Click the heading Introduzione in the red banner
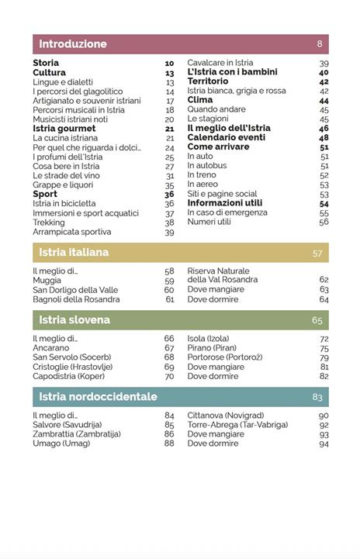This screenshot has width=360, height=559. tap(73, 44)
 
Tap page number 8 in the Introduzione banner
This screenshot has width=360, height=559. tap(320, 44)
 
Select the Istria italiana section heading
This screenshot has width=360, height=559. tap(74, 253)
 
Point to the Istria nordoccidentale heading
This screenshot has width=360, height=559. tap(98, 397)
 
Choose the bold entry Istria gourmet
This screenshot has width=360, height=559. tap(64, 129)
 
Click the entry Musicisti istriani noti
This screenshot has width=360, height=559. tap(70, 119)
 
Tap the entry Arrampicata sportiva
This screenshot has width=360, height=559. tap(71, 232)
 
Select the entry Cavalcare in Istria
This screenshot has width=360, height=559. tap(220, 63)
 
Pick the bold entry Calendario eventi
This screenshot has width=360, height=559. tap(226, 138)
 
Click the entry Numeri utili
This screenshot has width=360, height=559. tap(209, 222)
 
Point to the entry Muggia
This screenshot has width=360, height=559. tap(47, 281)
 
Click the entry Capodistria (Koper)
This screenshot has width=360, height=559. tap(71, 376)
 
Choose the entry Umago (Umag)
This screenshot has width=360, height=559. tap(61, 443)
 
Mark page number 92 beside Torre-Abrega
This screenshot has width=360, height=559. tap(324, 425)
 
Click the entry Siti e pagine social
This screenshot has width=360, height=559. tap(222, 194)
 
